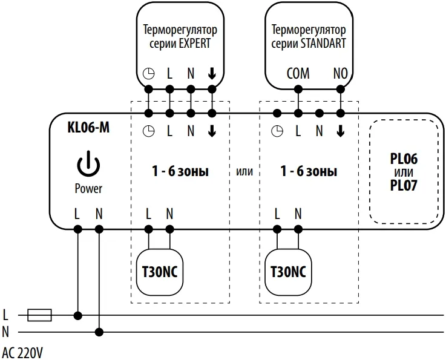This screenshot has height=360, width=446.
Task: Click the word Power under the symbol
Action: [88, 188]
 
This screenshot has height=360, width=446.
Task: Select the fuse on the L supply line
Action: [41, 315]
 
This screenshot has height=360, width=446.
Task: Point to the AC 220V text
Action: [23, 352]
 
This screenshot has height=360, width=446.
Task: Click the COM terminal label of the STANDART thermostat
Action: [297, 74]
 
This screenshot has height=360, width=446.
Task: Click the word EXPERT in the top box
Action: [195, 44]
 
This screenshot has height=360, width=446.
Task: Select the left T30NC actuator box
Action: [159, 271]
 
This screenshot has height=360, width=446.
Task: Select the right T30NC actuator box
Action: [287, 271]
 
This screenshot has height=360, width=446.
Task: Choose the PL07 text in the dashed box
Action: [404, 185]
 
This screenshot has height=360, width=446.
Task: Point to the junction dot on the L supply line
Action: [77, 315]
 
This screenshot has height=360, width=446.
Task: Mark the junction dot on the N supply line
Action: [99, 332]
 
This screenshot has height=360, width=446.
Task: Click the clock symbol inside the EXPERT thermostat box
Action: [148, 74]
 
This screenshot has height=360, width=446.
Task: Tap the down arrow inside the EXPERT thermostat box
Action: [212, 74]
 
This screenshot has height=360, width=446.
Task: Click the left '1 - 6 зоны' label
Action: [180, 172]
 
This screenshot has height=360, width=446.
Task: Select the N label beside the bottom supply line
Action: [6, 332]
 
